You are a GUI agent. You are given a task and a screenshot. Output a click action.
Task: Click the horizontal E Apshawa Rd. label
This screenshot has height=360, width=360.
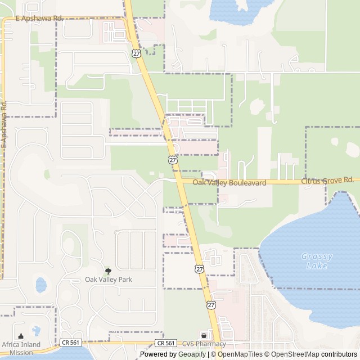tap(39, 19)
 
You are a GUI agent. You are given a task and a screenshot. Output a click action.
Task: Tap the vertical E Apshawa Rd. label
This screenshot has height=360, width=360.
tap(4, 124)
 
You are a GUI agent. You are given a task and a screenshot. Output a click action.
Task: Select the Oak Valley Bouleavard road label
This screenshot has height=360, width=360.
tap(229, 183)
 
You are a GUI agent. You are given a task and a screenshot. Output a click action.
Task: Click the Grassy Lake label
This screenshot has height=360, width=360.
tap(317, 261)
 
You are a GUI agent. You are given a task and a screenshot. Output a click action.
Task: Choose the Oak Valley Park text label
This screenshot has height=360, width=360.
tap(109, 279)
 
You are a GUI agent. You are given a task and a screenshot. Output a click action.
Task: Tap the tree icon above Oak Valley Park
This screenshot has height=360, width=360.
tap(109, 271)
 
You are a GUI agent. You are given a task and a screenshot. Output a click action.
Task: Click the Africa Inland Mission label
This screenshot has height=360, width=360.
tap(17, 348)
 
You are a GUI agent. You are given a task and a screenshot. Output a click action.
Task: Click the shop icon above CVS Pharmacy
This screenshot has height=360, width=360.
tap(204, 336)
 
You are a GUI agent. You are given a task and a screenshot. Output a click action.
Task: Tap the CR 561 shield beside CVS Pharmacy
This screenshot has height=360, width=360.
tap(166, 343)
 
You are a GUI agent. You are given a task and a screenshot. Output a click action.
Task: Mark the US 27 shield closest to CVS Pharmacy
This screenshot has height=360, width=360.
tap(210, 304)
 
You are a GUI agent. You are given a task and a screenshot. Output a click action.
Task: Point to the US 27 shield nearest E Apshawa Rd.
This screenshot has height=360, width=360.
tap(137, 52)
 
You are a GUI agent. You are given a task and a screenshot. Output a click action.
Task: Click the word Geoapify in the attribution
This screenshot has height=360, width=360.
tap(192, 354)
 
